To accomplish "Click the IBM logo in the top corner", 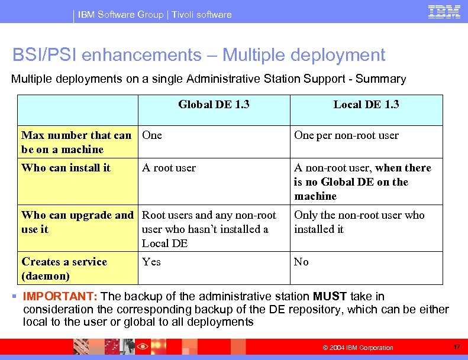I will (x=444, y=11).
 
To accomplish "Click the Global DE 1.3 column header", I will (x=214, y=105).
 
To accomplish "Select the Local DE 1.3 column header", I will (x=366, y=105).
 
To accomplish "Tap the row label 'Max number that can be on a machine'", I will (x=76, y=142).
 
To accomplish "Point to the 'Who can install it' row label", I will (x=66, y=168).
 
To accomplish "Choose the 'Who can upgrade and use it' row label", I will (x=77, y=222).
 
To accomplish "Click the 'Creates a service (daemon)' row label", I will (x=64, y=269).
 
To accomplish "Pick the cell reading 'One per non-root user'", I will (x=346, y=135).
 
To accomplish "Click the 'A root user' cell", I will (x=169, y=168).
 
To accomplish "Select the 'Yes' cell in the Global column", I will (x=151, y=262).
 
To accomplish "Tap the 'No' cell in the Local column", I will (x=301, y=262).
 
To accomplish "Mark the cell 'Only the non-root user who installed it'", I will (x=359, y=222).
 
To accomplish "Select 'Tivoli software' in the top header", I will (x=201, y=14).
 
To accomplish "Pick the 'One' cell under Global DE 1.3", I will (x=152, y=135).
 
